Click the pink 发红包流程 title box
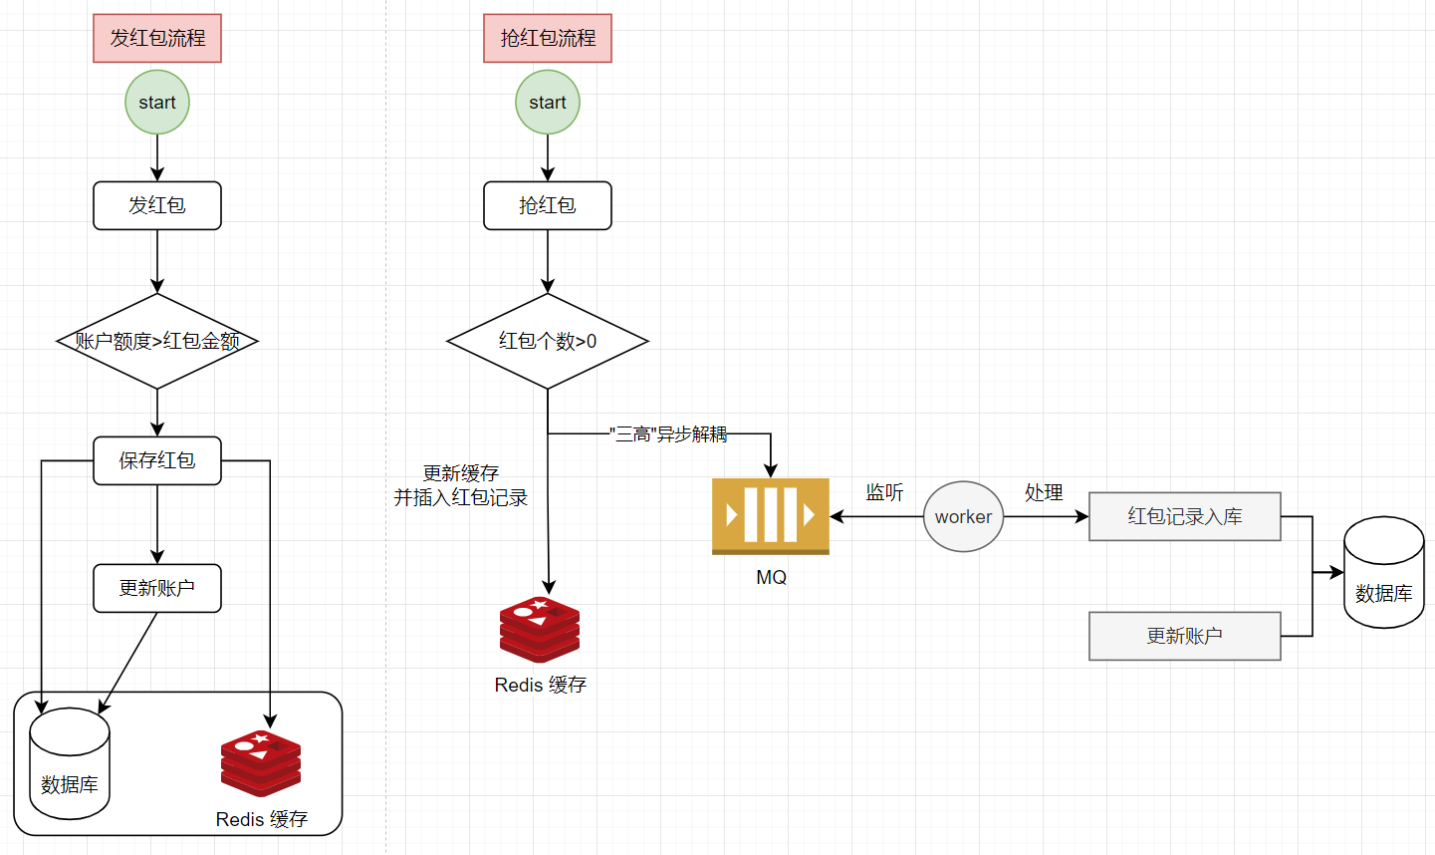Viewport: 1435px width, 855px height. point(157,39)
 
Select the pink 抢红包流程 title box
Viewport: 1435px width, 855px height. point(548,39)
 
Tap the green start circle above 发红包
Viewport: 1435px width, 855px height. point(157,103)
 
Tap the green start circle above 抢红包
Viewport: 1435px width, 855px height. point(548,103)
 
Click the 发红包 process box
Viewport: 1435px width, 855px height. point(157,205)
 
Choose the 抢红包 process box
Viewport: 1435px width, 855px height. point(548,205)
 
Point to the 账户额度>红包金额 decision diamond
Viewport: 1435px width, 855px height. point(157,341)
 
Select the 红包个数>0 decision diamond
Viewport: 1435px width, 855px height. point(548,341)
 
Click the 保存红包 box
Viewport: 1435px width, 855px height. point(157,460)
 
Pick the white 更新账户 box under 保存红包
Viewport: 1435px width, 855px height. point(157,588)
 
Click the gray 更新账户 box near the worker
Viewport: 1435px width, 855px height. point(1184,636)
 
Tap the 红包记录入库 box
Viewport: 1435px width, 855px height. point(1184,516)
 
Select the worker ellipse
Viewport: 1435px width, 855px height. point(963,516)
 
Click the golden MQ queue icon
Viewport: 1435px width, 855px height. point(771,516)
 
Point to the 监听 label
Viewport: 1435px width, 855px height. point(884,492)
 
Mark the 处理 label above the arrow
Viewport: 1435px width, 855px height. point(1044,492)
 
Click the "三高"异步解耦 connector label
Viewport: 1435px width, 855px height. point(668,434)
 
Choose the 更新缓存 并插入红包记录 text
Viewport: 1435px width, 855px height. point(460,485)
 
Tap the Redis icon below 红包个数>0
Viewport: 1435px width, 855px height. point(540,630)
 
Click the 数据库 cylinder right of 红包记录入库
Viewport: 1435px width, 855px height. point(1383,573)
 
